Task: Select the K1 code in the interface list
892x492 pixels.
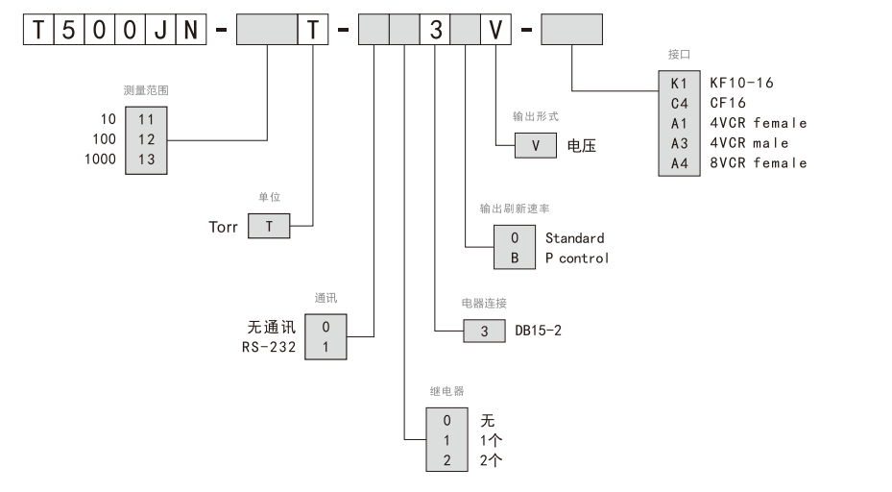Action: (x=680, y=83)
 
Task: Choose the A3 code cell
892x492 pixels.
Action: (x=680, y=143)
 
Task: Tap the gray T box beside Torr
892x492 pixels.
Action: (x=270, y=227)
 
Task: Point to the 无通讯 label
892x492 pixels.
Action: (x=271, y=327)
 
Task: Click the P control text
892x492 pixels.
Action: (x=577, y=258)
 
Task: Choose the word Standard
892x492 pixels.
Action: (x=574, y=237)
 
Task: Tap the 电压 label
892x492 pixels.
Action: (x=582, y=146)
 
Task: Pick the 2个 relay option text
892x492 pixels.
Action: (x=491, y=459)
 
